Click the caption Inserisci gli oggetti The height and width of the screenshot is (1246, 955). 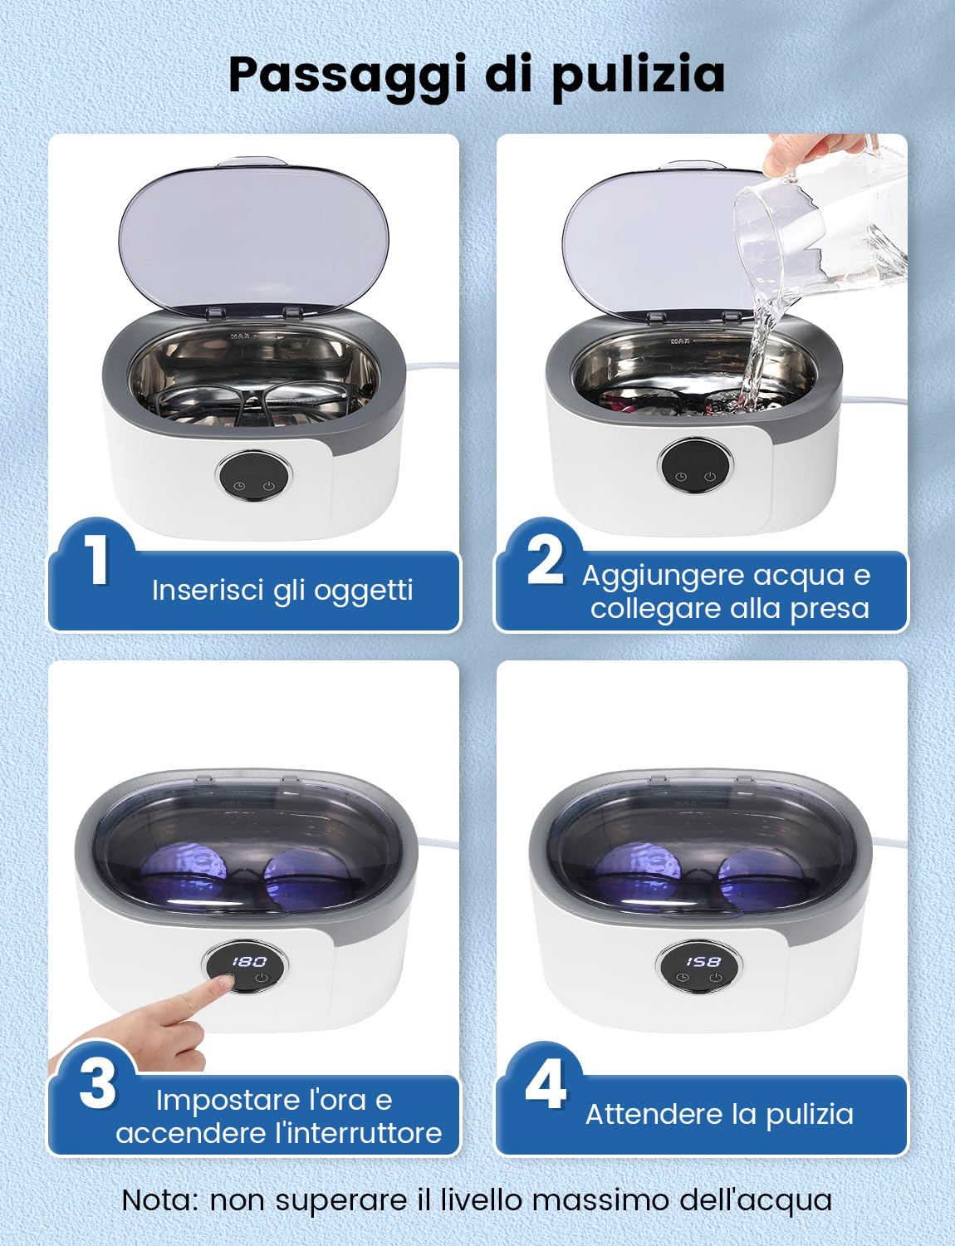click(x=282, y=590)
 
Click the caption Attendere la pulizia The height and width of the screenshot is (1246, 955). click(x=719, y=1114)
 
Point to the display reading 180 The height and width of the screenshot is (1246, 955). click(x=248, y=961)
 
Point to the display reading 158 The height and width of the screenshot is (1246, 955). click(x=703, y=961)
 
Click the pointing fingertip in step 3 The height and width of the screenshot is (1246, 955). click(x=222, y=984)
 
